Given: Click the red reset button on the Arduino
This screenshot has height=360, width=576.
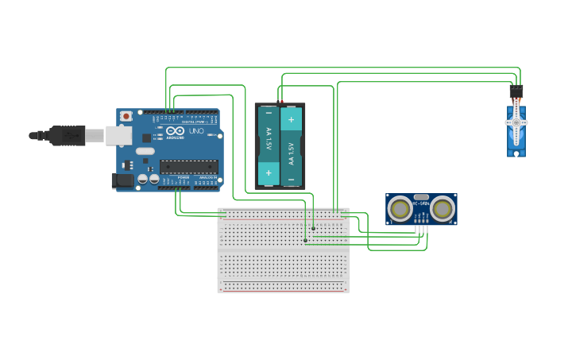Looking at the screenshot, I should [126, 116].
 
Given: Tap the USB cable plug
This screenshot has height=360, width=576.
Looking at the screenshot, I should [67, 136].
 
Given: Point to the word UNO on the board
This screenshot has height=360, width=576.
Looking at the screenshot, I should [195, 130].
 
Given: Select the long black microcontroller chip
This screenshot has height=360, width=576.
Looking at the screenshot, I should [188, 166].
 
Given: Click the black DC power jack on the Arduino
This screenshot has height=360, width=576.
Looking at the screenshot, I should [122, 181].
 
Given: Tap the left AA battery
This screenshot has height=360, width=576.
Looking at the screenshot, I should [269, 145].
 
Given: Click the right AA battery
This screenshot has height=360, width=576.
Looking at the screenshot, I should [291, 145].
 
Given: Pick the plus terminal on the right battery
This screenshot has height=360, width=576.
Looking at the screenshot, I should [291, 120].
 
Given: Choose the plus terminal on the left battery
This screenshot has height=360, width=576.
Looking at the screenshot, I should [269, 171].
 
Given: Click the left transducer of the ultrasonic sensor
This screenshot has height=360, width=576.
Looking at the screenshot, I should [400, 209].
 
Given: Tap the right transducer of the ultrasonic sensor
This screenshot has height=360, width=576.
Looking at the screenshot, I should [442, 209].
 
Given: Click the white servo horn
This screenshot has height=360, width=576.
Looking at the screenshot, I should [516, 124].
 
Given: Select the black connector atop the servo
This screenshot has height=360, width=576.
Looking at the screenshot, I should [516, 91].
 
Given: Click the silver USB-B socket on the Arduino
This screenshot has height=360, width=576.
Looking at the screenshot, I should [118, 136].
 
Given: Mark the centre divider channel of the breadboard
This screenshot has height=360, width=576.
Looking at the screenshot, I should [284, 250].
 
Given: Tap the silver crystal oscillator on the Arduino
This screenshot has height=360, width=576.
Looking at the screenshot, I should [145, 151].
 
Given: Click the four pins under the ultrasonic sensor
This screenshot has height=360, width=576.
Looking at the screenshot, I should [422, 230].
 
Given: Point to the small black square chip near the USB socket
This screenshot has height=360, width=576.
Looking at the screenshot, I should [146, 138].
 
